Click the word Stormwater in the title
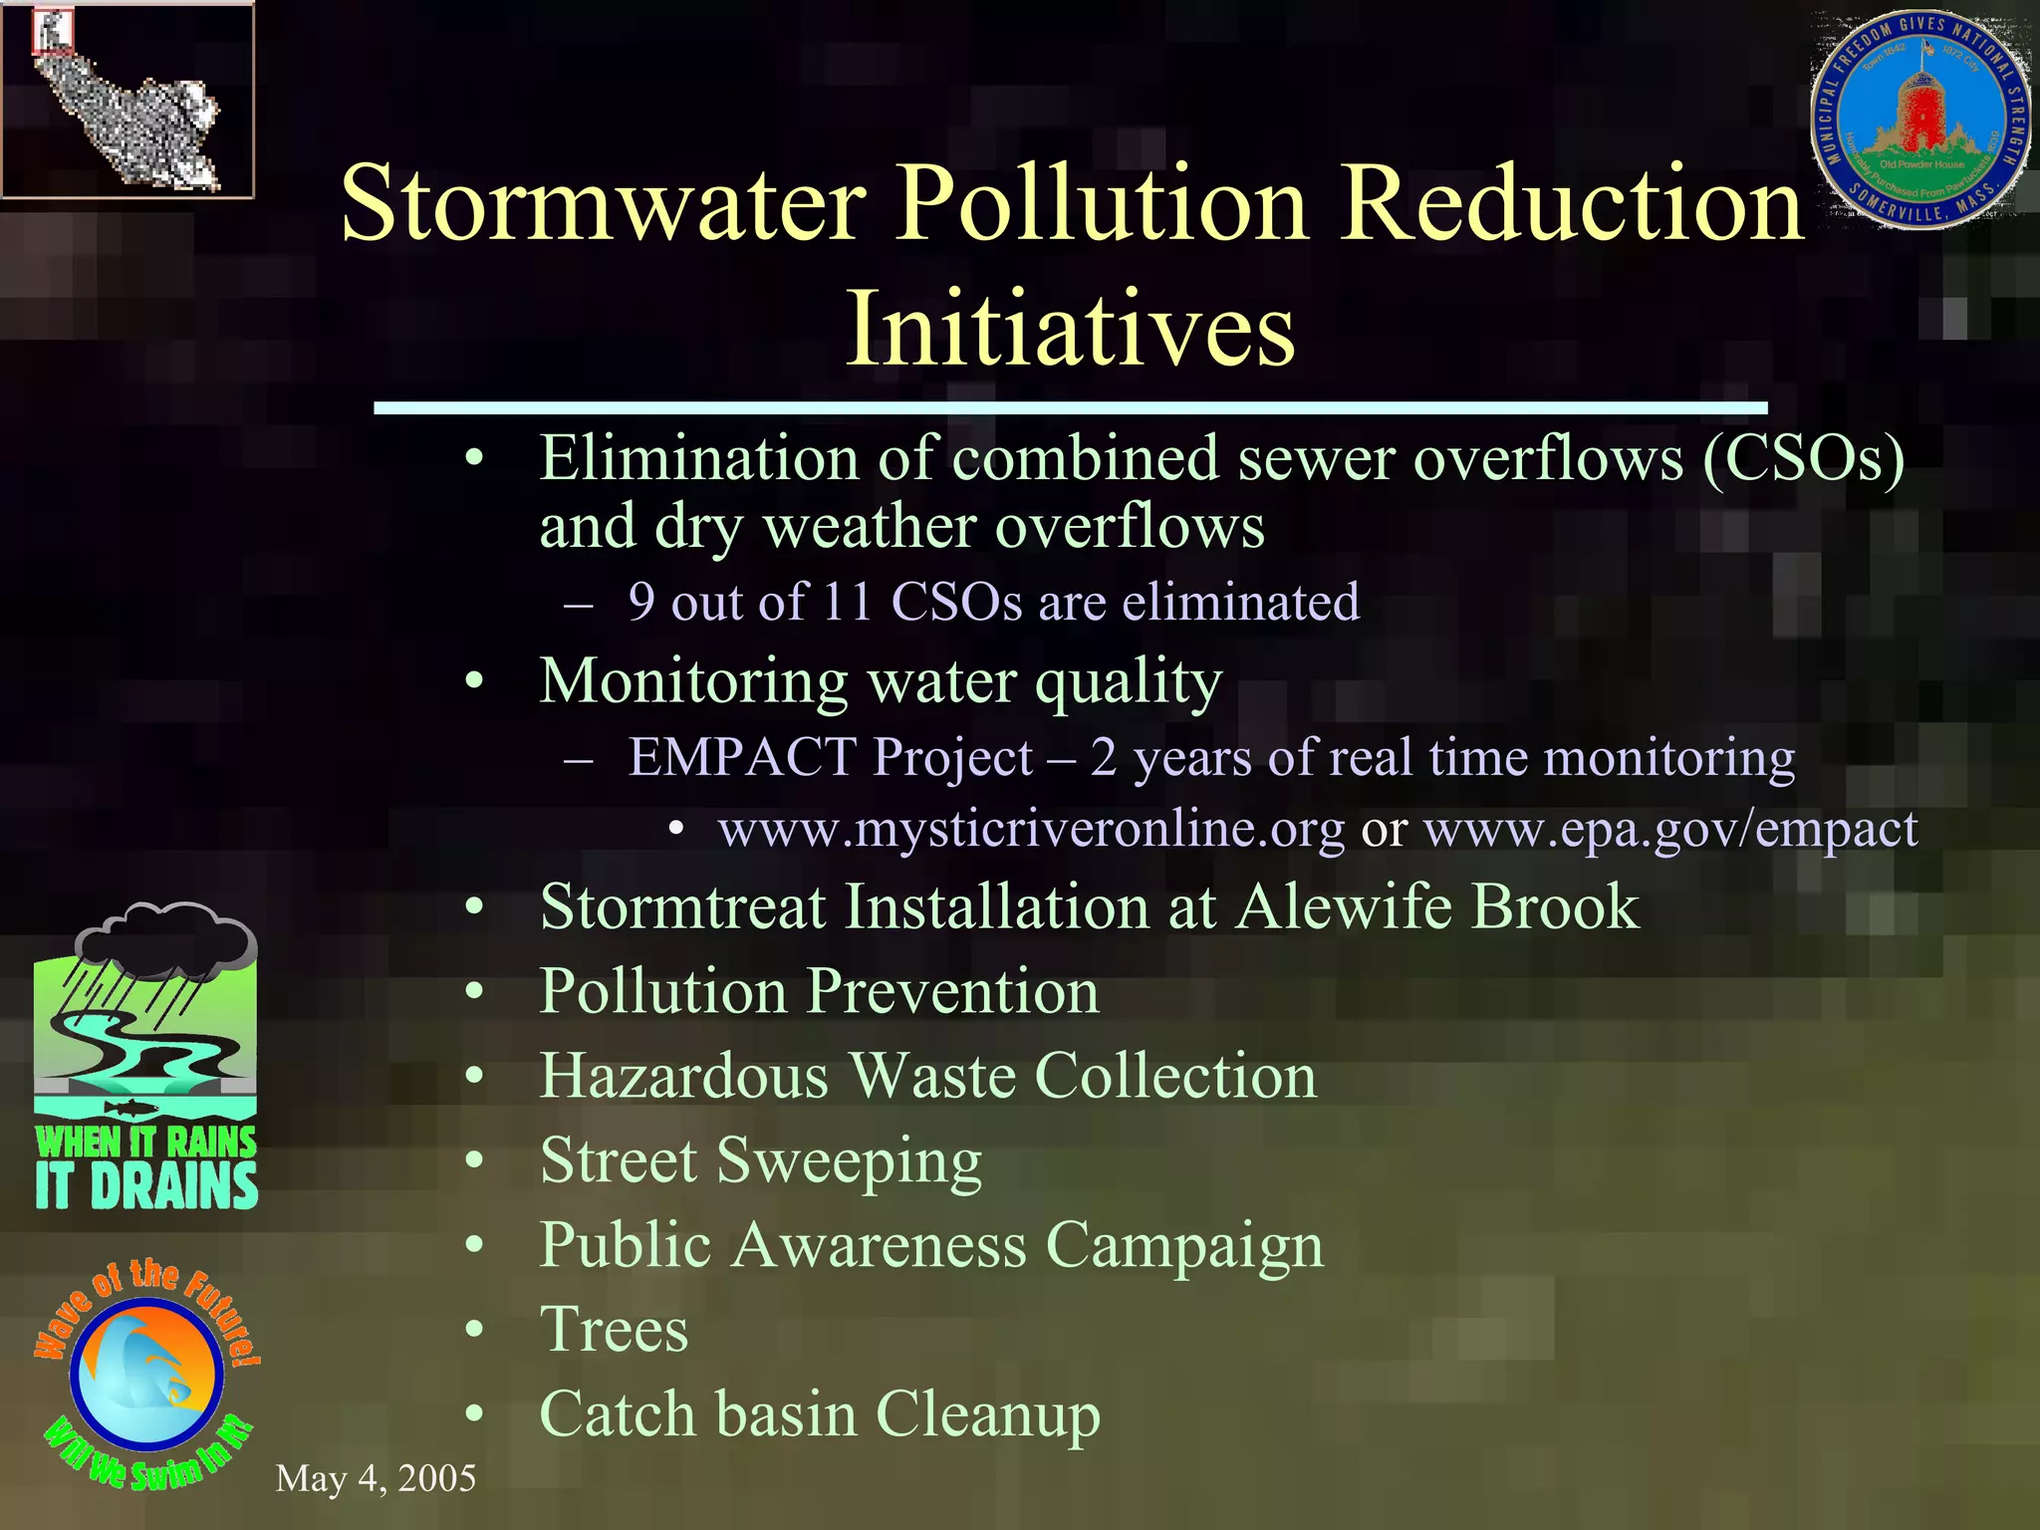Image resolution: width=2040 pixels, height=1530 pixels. point(603,204)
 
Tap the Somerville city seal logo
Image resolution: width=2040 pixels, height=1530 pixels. point(1919,120)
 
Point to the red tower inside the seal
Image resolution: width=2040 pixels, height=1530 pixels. point(1917,115)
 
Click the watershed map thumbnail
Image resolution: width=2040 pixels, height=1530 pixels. point(127,100)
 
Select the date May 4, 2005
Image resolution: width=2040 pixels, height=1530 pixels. point(376,1478)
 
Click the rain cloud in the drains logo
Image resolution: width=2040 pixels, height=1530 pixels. point(166,939)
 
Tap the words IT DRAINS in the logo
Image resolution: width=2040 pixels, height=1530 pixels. point(146,1187)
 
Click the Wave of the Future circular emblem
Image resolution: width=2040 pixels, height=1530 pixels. point(147,1376)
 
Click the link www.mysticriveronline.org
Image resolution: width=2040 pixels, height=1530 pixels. point(1031,829)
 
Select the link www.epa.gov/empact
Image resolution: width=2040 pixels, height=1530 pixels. point(1669,829)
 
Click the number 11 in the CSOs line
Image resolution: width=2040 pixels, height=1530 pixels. point(847,602)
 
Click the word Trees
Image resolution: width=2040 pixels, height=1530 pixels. point(614,1330)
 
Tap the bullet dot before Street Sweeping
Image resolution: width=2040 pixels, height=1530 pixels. point(475,1160)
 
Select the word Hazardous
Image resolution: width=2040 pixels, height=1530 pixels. point(684,1076)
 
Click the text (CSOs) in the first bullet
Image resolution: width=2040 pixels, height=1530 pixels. point(1803,458)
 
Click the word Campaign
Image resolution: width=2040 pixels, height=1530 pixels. point(1185,1245)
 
